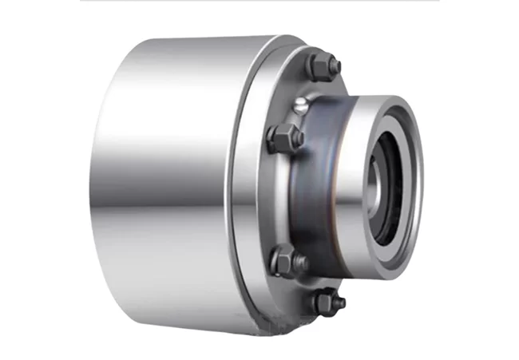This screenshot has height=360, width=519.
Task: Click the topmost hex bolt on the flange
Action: pyautogui.click(x=320, y=65)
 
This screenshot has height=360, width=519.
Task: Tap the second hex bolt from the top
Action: pyautogui.click(x=284, y=138)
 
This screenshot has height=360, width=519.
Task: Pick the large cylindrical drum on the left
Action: pyautogui.click(x=168, y=184)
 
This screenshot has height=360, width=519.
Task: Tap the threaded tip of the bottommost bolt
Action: pyautogui.click(x=339, y=303)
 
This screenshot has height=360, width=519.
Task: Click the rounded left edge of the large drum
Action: pyautogui.click(x=99, y=184)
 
